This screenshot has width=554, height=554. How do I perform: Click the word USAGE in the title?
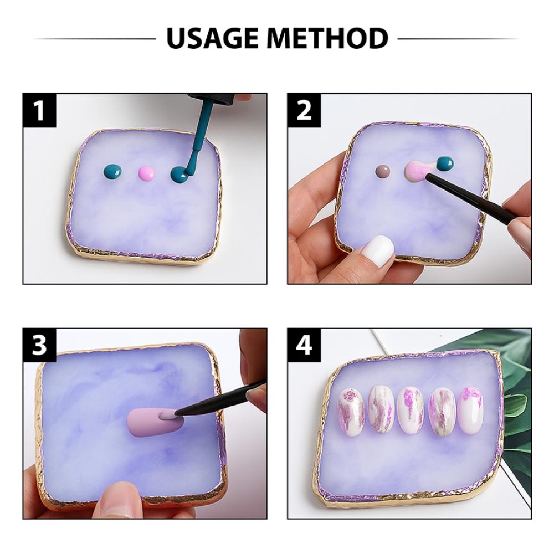pyautogui.click(x=214, y=38)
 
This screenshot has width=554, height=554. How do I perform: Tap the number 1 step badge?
pyautogui.click(x=39, y=110)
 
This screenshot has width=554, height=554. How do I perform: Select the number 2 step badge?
pyautogui.click(x=304, y=110)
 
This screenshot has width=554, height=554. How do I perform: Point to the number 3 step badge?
pyautogui.click(x=39, y=345)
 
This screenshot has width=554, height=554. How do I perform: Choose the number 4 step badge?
pyautogui.click(x=304, y=345)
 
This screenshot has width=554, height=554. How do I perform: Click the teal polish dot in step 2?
pyautogui.click(x=444, y=163)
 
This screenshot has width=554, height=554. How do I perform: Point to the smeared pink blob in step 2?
pyautogui.click(x=416, y=170)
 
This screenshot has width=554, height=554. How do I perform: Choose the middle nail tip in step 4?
pyautogui.click(x=411, y=410)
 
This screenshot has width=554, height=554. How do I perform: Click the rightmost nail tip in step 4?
pyautogui.click(x=471, y=409)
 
